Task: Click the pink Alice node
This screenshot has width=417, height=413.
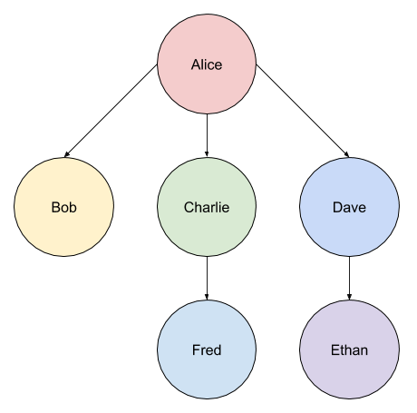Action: pos(207,64)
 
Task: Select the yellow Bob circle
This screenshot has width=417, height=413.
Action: pos(64,207)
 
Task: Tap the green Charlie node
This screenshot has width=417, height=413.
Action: pos(207,207)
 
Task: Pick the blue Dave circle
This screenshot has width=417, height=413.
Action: pos(349,207)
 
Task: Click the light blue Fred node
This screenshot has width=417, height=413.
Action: pos(207,349)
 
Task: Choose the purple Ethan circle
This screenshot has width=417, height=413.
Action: pos(349,349)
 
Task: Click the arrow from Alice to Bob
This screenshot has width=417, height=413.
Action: pos(111,111)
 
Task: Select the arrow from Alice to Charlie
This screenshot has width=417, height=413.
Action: pos(207,135)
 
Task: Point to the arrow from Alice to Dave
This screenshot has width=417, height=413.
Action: pos(303,111)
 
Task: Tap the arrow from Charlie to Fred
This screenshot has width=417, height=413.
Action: pos(207,279)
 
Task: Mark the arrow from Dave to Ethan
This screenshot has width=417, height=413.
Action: pos(349,279)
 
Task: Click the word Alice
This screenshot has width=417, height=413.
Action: pos(207,64)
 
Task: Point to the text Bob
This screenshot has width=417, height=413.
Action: pos(64,207)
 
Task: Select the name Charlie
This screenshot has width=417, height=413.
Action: pos(207,207)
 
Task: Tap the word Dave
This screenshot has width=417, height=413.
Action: pos(349,207)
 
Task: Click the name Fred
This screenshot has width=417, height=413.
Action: pos(207,350)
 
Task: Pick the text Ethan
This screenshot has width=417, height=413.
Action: pos(349,350)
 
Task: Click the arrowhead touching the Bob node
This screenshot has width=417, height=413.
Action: pos(67,154)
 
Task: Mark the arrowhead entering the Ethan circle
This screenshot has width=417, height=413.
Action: pos(349,297)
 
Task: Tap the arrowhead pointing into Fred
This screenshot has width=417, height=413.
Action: pos(207,297)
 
